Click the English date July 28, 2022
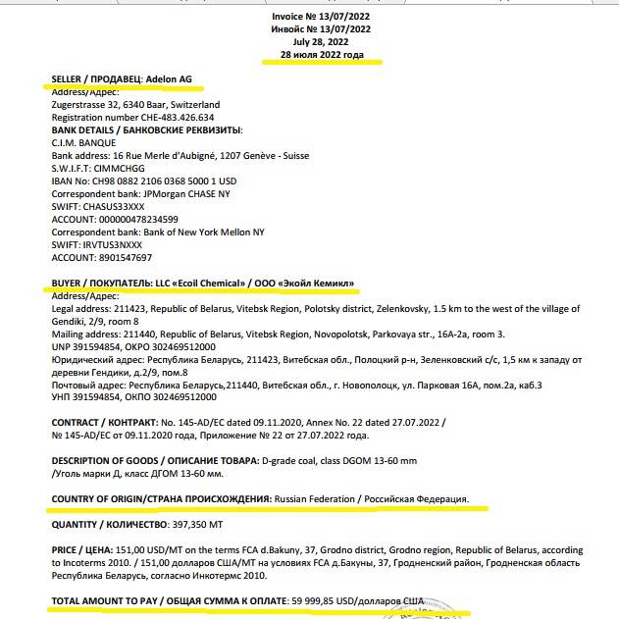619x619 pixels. click(x=321, y=42)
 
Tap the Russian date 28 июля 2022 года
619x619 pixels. click(x=321, y=55)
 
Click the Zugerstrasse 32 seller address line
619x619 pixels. click(x=135, y=104)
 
